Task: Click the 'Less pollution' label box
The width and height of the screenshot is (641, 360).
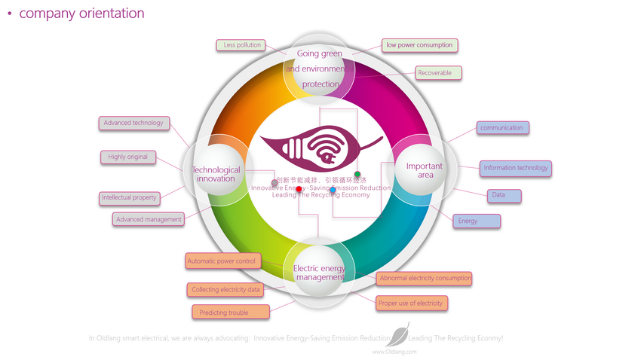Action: point(242,45)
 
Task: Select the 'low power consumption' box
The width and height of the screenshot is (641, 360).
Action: point(419,45)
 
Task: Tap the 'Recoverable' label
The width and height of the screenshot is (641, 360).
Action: point(438,73)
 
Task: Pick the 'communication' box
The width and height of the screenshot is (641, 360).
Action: point(502,128)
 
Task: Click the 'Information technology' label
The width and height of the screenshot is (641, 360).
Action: point(516,168)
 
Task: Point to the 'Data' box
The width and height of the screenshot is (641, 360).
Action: point(504,196)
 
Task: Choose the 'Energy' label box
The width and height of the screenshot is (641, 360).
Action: point(476,221)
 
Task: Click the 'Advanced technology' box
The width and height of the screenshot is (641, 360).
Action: point(133,123)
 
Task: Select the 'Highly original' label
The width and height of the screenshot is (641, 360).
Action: point(128,157)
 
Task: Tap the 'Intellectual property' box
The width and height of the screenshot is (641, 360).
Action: point(129,198)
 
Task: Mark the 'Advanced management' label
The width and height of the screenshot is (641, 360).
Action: point(149,219)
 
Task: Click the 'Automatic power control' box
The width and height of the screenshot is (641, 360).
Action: point(222,261)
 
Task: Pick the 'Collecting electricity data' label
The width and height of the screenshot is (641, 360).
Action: point(225,289)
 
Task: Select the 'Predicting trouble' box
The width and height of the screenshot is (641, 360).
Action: point(230,312)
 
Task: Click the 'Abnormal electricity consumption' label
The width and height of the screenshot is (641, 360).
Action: point(425,279)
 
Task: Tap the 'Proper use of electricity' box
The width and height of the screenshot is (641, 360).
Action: point(411,303)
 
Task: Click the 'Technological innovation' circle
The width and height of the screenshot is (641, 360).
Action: point(216,173)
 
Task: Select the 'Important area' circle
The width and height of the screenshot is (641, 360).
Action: point(425,170)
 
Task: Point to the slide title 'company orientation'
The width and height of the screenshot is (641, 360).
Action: point(81,14)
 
